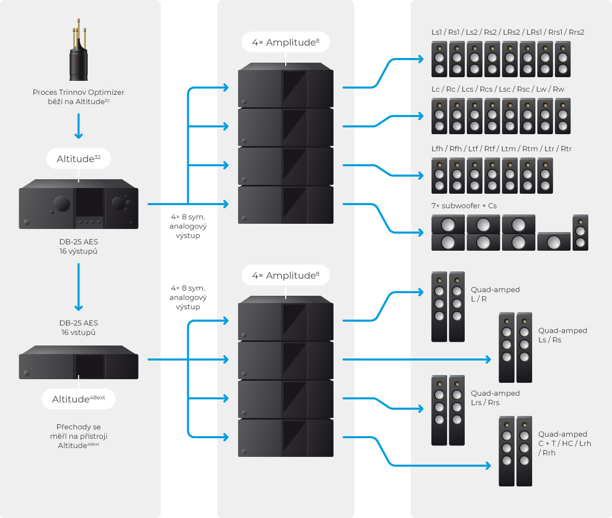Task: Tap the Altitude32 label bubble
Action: tap(78, 159)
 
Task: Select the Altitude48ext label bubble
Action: tap(78, 399)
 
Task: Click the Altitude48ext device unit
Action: tap(78, 363)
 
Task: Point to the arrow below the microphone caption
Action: tap(78, 126)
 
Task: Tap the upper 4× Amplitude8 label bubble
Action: tap(285, 42)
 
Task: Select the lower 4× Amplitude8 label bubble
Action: tap(285, 276)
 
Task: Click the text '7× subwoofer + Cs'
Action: tap(464, 206)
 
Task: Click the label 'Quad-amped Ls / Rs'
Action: tap(563, 335)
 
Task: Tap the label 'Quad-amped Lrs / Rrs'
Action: tap(495, 398)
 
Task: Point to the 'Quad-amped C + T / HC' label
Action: tap(564, 443)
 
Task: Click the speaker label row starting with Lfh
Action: tap(501, 149)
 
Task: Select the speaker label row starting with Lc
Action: tap(497, 89)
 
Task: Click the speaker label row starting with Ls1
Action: tap(508, 32)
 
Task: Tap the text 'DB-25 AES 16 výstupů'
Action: tap(78, 246)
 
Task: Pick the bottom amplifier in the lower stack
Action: tap(285, 438)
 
